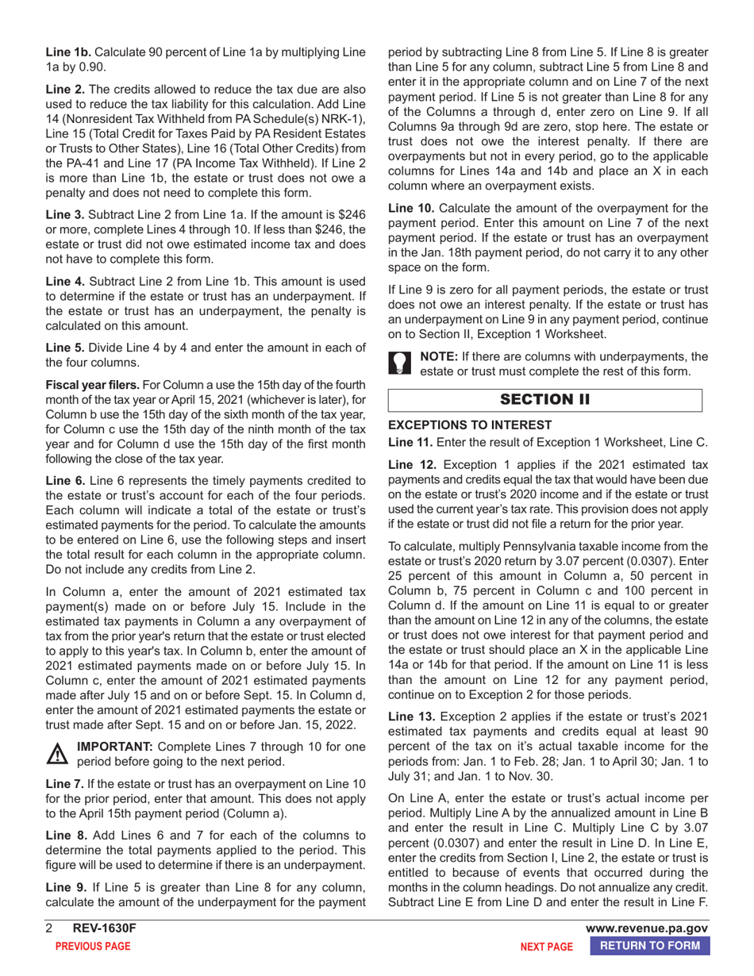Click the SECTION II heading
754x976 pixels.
pyautogui.click(x=544, y=399)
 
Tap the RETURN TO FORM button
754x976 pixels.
pyautogui.click(x=649, y=946)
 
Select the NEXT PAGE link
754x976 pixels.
pyautogui.click(x=545, y=947)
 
